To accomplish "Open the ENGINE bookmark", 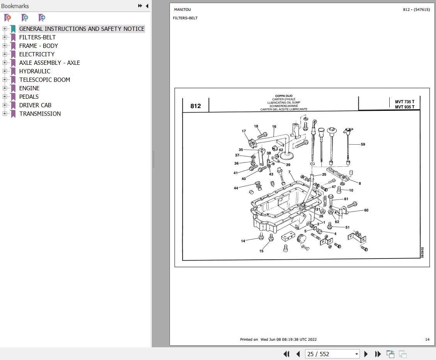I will coord(29,88).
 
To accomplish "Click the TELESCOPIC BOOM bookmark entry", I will coord(45,79).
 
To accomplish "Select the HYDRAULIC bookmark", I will coord(35,71).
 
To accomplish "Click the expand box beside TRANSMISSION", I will coord(5,113).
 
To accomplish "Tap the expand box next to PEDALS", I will coord(5,96).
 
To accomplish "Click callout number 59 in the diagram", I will coord(363,144).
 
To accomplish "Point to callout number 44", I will coord(236,188).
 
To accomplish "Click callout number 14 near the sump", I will coord(243,241).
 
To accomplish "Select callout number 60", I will coord(366,210).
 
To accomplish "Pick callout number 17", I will coord(244,131).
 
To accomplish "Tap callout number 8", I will coord(360,184).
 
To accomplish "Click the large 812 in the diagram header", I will coord(195,106).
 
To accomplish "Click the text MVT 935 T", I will coord(404,107).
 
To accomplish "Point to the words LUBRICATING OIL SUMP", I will coord(283,103).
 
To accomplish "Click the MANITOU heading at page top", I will coord(182,10).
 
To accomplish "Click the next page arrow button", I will coord(366,354).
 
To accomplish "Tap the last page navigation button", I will coord(378,354).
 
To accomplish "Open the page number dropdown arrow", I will coord(356,354).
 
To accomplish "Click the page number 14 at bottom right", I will coord(427,340).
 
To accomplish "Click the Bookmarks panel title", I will coord(15,6).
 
